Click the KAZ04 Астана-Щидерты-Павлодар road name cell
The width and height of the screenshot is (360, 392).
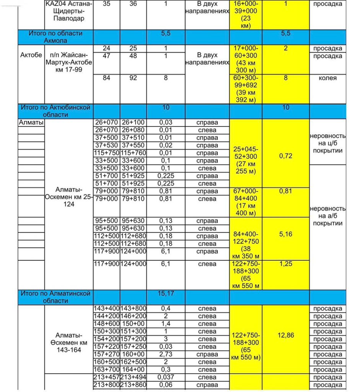(x=69, y=11)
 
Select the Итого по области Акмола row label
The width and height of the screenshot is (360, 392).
(x=55, y=37)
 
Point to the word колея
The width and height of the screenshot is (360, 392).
(x=327, y=78)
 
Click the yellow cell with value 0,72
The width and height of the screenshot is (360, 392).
(x=285, y=156)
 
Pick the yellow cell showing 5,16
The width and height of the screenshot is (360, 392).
(x=285, y=234)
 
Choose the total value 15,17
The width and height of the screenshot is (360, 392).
(x=166, y=294)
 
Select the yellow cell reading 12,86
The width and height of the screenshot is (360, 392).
(x=285, y=335)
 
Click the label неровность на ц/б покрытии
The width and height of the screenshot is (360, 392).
(x=327, y=143)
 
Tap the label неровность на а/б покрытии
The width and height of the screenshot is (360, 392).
(x=327, y=216)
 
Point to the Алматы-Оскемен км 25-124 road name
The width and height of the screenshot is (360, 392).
(x=69, y=197)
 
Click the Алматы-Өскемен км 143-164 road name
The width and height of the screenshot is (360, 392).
(x=69, y=343)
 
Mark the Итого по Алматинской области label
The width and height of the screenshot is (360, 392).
(x=55, y=297)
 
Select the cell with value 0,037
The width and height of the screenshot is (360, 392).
(x=166, y=377)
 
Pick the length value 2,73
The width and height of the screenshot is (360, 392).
(x=166, y=354)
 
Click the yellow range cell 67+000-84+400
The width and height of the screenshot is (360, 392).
(x=246, y=202)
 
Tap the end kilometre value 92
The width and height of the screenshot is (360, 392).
(x=133, y=78)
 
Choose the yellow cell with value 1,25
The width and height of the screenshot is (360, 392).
(x=285, y=264)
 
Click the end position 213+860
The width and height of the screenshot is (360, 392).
(x=133, y=385)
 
